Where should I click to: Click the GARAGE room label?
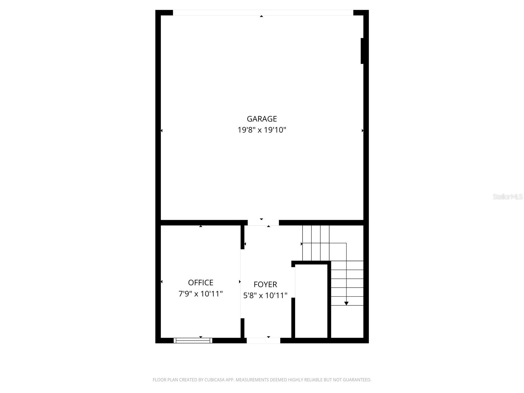tap(262, 119)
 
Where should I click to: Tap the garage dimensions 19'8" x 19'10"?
tap(262, 130)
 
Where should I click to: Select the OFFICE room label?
tap(200, 283)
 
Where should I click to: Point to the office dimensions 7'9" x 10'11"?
tap(200, 294)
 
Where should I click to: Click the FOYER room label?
tap(265, 284)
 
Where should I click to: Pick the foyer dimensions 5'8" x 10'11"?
tap(265, 295)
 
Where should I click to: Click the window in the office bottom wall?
tap(193, 341)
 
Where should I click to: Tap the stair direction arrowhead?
tap(346, 304)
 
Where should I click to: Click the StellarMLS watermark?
tap(508, 197)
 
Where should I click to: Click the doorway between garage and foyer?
tap(263, 223)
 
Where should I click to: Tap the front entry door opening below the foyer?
tap(263, 341)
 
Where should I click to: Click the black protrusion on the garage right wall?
tap(362, 51)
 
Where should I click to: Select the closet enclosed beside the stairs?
tap(311, 301)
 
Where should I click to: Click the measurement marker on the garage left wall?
tap(161, 131)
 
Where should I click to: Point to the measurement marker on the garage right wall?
tap(363, 131)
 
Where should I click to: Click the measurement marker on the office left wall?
tap(161, 282)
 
